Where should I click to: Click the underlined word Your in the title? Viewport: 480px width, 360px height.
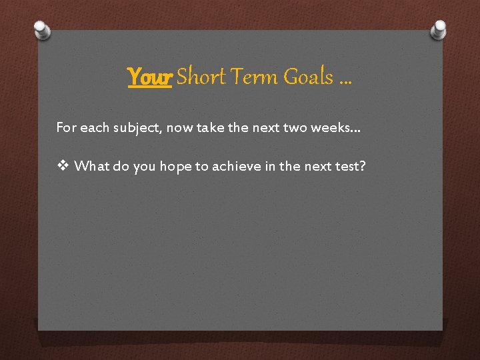pyautogui.click(x=150, y=77)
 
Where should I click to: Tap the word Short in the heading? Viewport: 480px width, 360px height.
pyautogui.click(x=200, y=77)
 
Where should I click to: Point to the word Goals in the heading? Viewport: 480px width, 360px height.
pyautogui.click(x=308, y=77)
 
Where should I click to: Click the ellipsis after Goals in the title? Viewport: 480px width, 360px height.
pyautogui.click(x=345, y=81)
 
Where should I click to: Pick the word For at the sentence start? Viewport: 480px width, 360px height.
pyautogui.click(x=66, y=127)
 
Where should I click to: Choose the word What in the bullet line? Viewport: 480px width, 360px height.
pyautogui.click(x=93, y=166)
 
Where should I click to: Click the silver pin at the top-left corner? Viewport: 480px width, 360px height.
pyautogui.click(x=41, y=29)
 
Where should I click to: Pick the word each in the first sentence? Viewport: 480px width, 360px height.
pyautogui.click(x=94, y=127)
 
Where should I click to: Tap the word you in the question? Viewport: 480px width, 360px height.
pyautogui.click(x=143, y=166)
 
